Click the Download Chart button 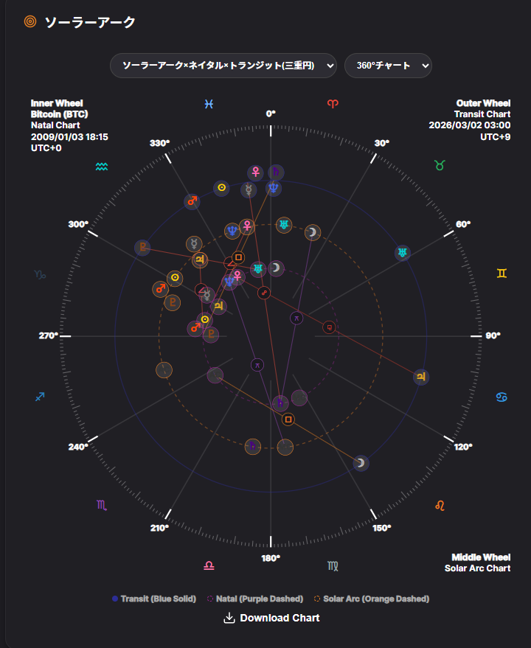pyautogui.click(x=271, y=618)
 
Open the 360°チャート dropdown pyautogui.click(x=388, y=66)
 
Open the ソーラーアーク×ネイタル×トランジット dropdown pyautogui.click(x=223, y=66)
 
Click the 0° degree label pyautogui.click(x=271, y=114)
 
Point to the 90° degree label pyautogui.click(x=493, y=335)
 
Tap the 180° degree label pyautogui.click(x=271, y=558)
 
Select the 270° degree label pyautogui.click(x=49, y=335)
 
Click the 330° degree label pyautogui.click(x=159, y=143)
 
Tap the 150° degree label pyautogui.click(x=382, y=528)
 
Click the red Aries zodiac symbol pyautogui.click(x=333, y=105)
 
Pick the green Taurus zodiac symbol pyautogui.click(x=440, y=166)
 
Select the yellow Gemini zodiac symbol pyautogui.click(x=502, y=274)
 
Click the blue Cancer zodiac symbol pyautogui.click(x=502, y=397)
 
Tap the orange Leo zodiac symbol pyautogui.click(x=440, y=505)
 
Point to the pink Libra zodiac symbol pyautogui.click(x=209, y=566)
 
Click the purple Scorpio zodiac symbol pyautogui.click(x=102, y=505)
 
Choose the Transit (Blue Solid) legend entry pyautogui.click(x=154, y=599)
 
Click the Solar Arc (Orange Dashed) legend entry pyautogui.click(x=372, y=599)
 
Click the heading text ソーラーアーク pyautogui.click(x=90, y=22)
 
